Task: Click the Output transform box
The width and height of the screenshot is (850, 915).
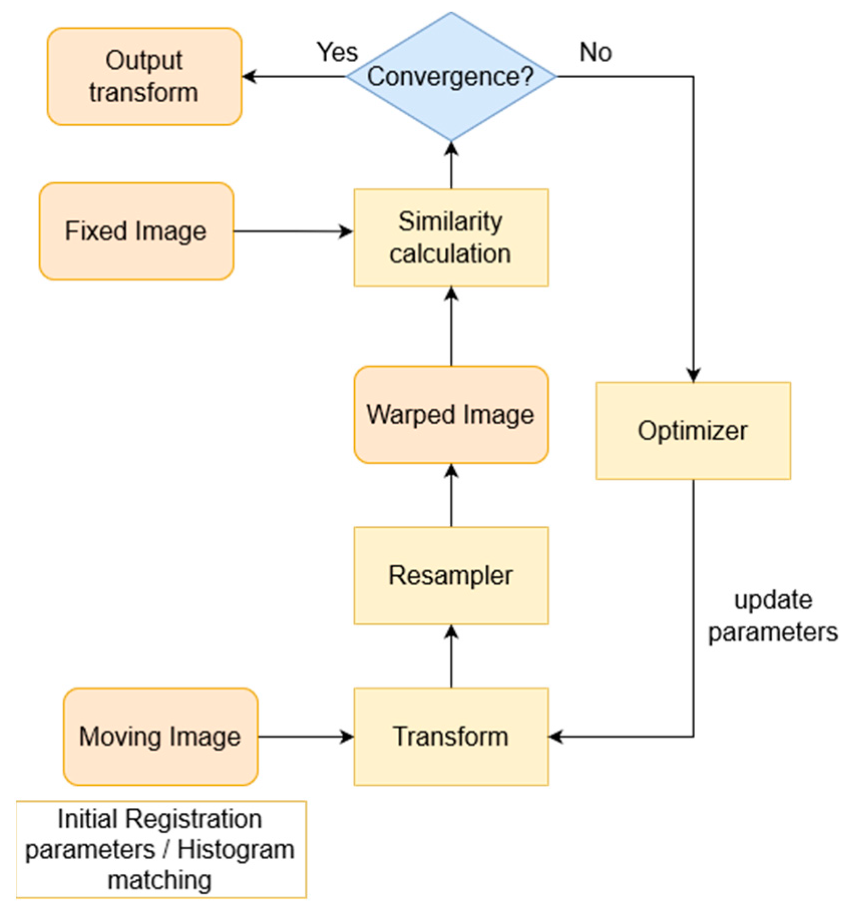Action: pyautogui.click(x=144, y=76)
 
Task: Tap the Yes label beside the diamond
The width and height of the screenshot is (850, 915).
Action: pyautogui.click(x=337, y=52)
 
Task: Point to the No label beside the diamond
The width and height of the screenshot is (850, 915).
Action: pyautogui.click(x=595, y=52)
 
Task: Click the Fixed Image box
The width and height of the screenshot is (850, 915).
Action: pyautogui.click(x=136, y=231)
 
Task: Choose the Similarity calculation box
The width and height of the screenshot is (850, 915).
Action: pyautogui.click(x=451, y=237)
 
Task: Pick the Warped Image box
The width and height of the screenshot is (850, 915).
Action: pyautogui.click(x=451, y=414)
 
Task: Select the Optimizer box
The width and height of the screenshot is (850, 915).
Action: pyautogui.click(x=693, y=430)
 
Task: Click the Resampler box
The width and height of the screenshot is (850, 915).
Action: pyautogui.click(x=451, y=575)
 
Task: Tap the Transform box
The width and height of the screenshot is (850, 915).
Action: pyautogui.click(x=451, y=736)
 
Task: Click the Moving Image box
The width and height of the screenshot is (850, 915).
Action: pyautogui.click(x=160, y=736)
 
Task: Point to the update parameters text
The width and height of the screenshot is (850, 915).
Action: pyautogui.click(x=772, y=616)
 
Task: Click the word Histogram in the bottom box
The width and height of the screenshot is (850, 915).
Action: pyautogui.click(x=236, y=850)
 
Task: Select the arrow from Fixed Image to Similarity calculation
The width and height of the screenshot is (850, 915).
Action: pyautogui.click(x=293, y=231)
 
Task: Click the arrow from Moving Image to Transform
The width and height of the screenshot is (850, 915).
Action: pyautogui.click(x=306, y=737)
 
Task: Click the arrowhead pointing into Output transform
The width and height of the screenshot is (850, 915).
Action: pyautogui.click(x=250, y=77)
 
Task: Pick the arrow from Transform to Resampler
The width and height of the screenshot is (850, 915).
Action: pyautogui.click(x=452, y=656)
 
